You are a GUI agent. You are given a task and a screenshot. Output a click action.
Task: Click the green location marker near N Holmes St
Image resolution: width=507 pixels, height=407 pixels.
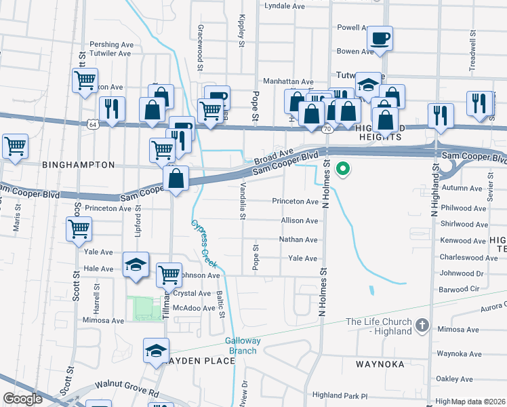343,169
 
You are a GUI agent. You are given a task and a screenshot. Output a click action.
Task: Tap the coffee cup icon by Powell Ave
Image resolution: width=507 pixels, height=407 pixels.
380,38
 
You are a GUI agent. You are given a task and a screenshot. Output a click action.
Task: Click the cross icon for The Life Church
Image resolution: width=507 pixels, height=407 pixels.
422,326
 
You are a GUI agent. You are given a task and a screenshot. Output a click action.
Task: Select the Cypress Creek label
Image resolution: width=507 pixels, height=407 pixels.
201,241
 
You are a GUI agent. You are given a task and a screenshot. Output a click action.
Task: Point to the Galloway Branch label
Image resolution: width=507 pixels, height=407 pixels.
242,346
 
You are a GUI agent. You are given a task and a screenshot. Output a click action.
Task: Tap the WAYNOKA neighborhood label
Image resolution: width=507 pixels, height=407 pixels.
380,364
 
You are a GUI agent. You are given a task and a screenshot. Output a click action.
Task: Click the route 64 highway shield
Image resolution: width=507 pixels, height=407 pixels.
94,124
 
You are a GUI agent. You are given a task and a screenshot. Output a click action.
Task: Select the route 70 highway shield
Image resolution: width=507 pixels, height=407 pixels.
327,128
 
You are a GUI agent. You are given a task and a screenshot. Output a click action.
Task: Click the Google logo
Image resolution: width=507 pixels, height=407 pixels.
23,398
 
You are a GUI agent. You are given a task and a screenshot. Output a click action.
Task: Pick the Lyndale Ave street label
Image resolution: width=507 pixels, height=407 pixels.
285,5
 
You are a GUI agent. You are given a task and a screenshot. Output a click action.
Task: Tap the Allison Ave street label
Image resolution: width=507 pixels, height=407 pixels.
300,221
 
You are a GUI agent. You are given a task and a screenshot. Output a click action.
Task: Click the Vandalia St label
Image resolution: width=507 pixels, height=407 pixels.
243,197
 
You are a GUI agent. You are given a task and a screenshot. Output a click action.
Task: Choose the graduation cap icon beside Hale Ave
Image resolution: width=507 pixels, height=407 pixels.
136,265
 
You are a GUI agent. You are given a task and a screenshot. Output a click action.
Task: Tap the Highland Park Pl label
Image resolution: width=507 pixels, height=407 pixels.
339,395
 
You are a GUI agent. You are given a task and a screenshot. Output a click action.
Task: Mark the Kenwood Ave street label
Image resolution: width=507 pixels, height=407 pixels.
464,241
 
